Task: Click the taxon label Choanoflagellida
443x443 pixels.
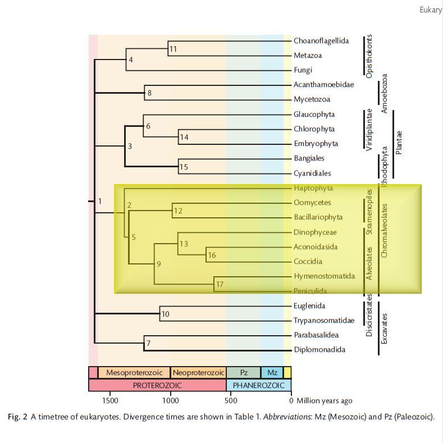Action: (321, 41)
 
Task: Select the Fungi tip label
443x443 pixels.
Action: (303, 70)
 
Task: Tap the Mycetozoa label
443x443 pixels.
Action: (312, 99)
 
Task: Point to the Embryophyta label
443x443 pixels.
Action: (316, 144)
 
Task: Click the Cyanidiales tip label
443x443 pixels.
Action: (312, 173)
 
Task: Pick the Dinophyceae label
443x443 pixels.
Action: (314, 232)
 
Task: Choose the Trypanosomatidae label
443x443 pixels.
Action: (323, 321)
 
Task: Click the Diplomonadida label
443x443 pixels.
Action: (319, 350)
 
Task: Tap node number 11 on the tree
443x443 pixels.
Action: (173, 49)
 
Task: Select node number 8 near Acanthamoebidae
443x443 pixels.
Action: (149, 93)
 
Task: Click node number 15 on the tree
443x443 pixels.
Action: (184, 167)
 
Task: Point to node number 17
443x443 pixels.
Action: (220, 285)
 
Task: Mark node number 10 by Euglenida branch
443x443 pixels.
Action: (165, 314)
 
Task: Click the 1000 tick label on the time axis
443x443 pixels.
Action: (171, 400)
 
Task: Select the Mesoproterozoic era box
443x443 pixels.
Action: (134, 373)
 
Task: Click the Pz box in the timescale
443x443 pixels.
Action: (244, 373)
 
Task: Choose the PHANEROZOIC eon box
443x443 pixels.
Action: (258, 386)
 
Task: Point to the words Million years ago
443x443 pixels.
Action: (325, 400)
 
